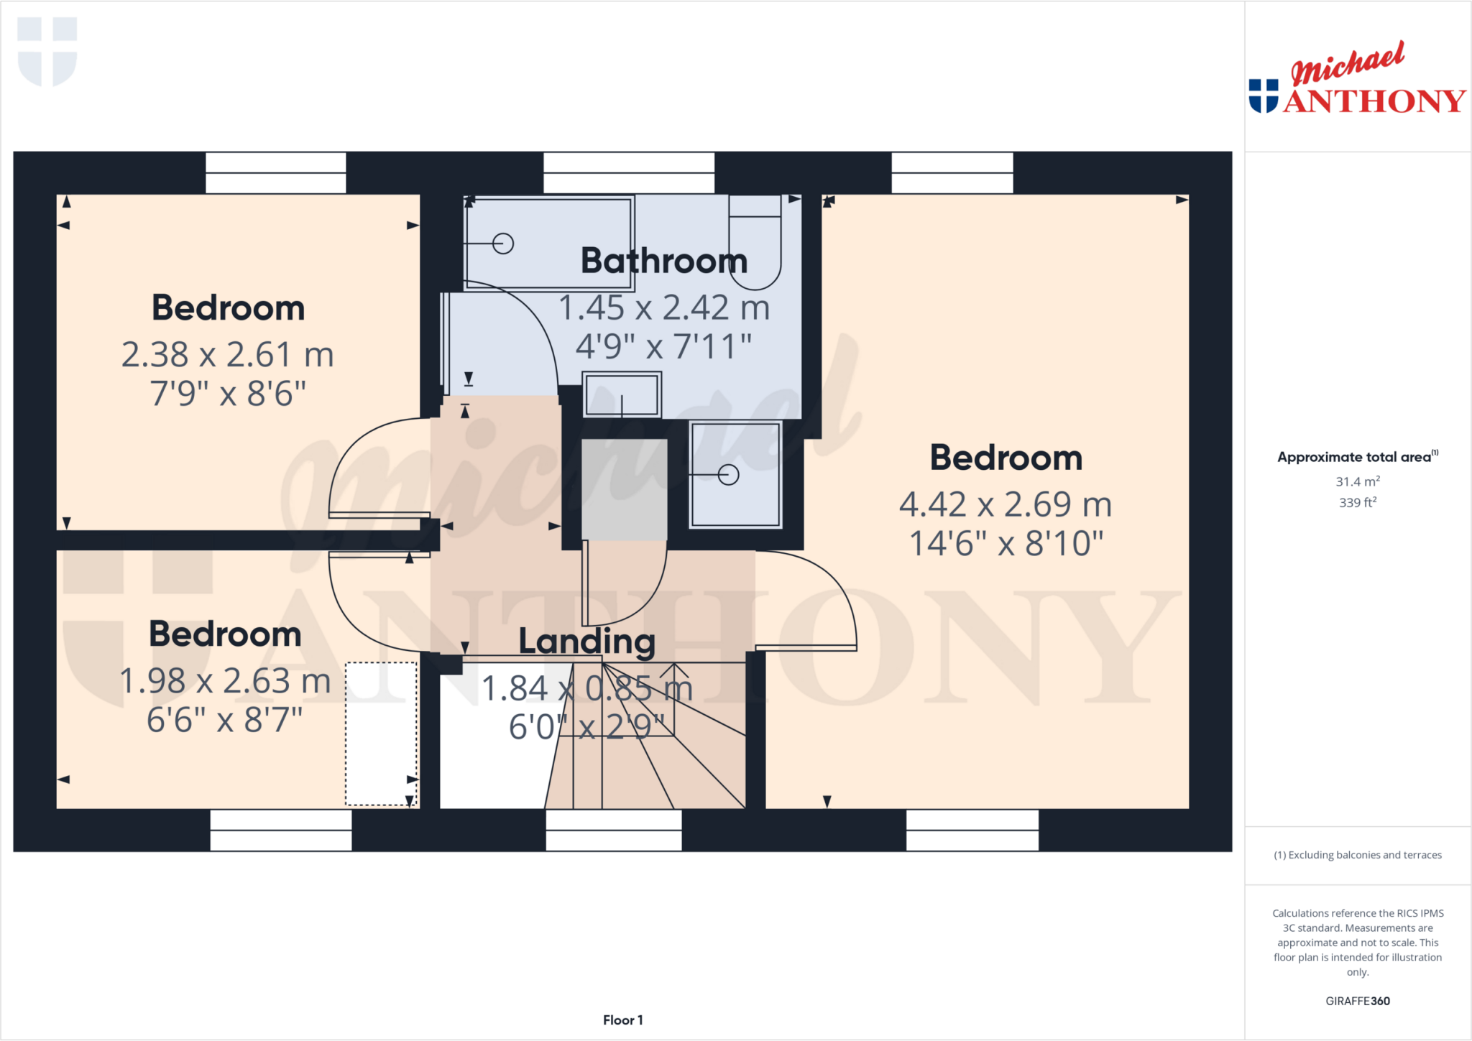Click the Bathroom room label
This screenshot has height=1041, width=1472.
[663, 261]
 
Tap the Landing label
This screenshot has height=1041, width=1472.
[586, 642]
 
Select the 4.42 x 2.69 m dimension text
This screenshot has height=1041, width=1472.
[1005, 504]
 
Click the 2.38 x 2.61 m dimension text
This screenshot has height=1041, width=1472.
[227, 355]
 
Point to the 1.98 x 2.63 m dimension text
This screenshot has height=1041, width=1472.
[224, 681]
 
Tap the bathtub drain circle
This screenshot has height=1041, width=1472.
[503, 244]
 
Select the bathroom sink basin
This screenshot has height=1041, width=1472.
[622, 394]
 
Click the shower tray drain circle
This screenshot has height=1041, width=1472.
[728, 475]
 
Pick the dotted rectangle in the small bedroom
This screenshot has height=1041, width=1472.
[381, 734]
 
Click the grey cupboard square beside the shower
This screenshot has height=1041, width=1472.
[624, 490]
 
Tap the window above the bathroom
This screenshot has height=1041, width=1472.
[629, 173]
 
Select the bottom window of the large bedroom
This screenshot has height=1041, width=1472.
[972, 831]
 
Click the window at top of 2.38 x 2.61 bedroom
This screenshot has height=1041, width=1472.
[275, 173]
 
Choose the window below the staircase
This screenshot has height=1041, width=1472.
[613, 831]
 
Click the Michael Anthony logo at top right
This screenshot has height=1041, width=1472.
[1356, 80]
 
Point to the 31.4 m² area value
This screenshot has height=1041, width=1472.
[1357, 482]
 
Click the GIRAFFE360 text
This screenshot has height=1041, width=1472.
[1357, 1001]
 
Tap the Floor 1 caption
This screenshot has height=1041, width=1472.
[622, 1020]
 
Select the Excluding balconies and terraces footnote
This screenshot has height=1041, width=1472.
[1357, 855]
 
